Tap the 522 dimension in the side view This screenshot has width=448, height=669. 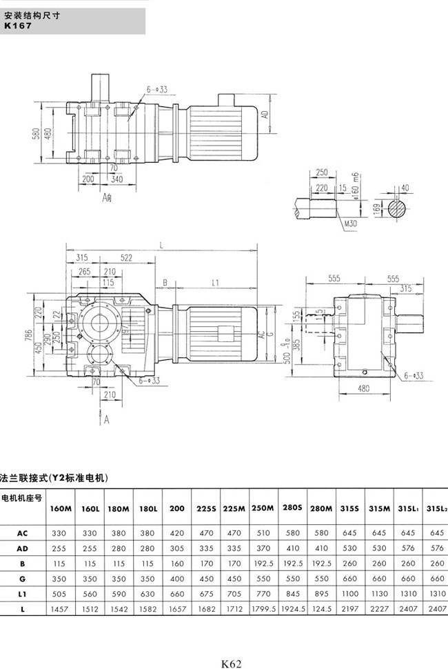tap(125, 257)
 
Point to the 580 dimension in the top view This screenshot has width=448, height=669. tap(35, 132)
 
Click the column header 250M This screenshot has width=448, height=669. tap(263, 508)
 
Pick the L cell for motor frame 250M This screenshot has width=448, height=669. tap(263, 609)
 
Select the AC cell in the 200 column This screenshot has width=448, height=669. tap(176, 533)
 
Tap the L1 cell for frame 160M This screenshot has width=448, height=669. tap(61, 594)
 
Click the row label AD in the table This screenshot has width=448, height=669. tap(22, 548)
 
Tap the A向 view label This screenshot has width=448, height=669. tap(108, 197)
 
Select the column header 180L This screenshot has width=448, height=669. tap(147, 508)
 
